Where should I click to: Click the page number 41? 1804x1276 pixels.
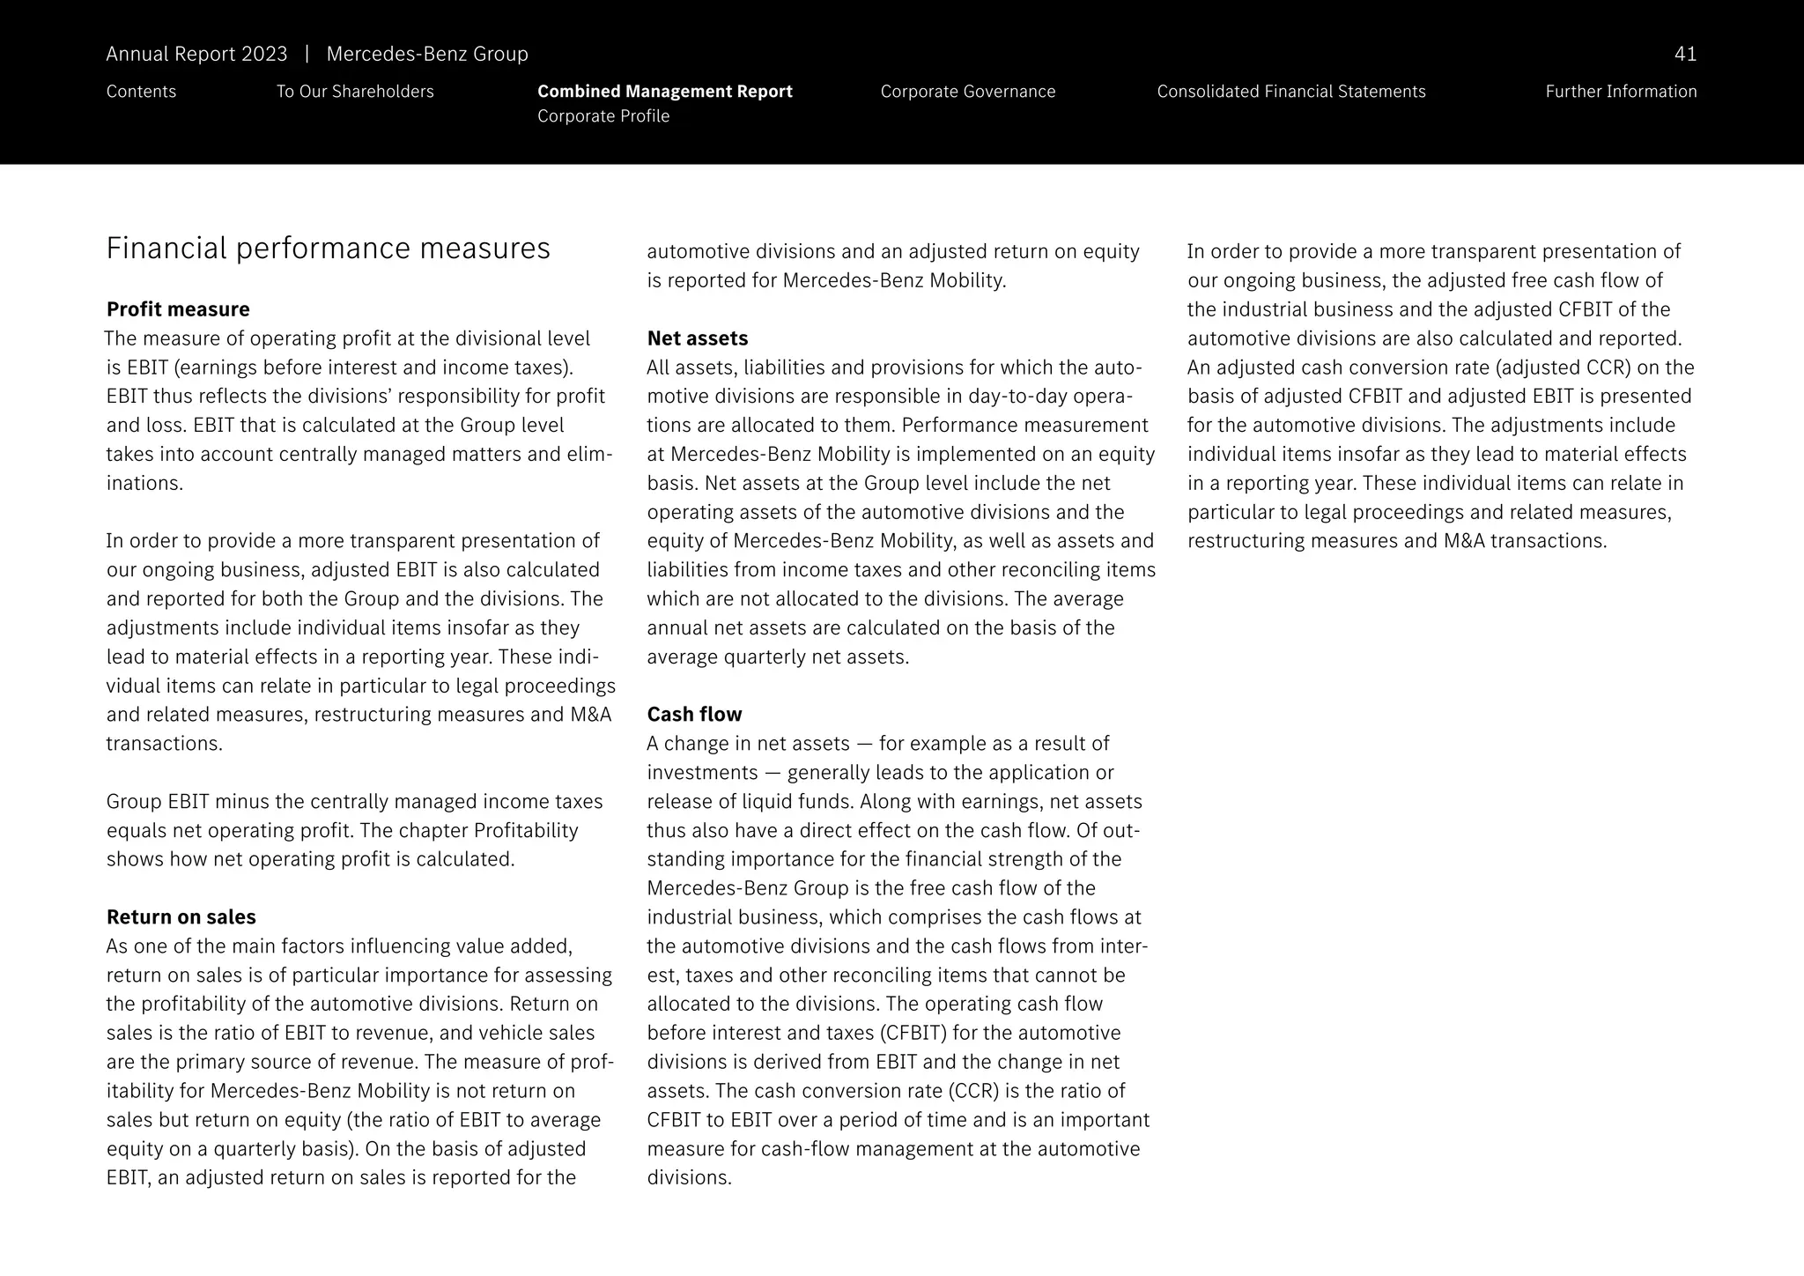1684,55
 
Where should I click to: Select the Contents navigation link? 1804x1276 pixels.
141,92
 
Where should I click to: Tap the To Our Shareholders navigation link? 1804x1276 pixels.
355,92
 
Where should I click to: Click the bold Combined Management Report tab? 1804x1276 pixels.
664,92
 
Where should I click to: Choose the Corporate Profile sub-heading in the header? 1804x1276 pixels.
603,116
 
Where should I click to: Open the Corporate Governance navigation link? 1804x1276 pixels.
967,92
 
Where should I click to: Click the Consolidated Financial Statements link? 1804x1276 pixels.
1290,92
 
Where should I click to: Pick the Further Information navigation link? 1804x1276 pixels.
1620,92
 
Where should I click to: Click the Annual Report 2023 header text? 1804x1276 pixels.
196,55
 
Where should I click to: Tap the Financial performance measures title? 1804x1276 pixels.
328,249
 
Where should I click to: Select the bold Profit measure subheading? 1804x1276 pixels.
178,309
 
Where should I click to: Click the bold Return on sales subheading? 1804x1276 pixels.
181,917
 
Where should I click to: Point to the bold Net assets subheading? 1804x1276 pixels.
697,338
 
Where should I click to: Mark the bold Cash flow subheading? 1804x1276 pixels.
694,715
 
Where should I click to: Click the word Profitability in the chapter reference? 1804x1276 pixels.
526,831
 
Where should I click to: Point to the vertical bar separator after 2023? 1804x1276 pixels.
307,55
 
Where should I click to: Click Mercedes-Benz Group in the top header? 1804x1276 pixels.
427,55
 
